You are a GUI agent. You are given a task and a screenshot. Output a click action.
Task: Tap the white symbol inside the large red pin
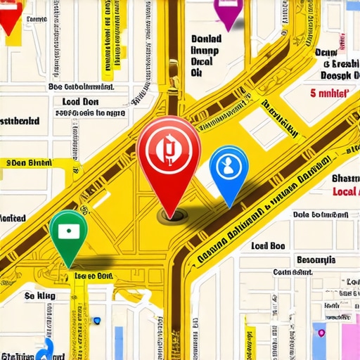pyautogui.click(x=169, y=148)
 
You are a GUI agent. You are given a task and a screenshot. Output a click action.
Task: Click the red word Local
pyautogui.click(x=345, y=191)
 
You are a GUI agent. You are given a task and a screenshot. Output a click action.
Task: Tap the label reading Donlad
pyautogui.click(x=206, y=40)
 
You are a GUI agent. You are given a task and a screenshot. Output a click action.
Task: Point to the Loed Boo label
pyautogui.click(x=268, y=246)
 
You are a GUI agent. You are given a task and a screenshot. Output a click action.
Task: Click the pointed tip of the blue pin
pyautogui.click(x=228, y=205)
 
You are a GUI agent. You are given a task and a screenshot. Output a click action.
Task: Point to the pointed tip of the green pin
pyautogui.click(x=69, y=266)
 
